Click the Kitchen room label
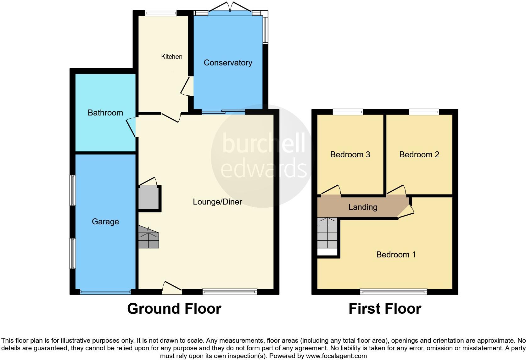pyautogui.click(x=171, y=57)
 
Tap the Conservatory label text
pyautogui.click(x=228, y=63)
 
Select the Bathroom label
pyautogui.click(x=105, y=113)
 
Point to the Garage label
pyautogui.click(x=105, y=222)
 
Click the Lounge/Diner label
pyautogui.click(x=217, y=202)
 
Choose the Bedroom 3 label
pyautogui.click(x=350, y=155)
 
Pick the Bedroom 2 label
pyautogui.click(x=419, y=155)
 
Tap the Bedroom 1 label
pyautogui.click(x=396, y=255)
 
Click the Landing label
pyautogui.click(x=363, y=207)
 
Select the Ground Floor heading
pyautogui.click(x=174, y=309)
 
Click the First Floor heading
pyautogui.click(x=384, y=309)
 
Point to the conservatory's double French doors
pyautogui.click(x=230, y=7)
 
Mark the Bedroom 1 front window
pyautogui.click(x=393, y=292)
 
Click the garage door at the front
pyautogui.click(x=105, y=292)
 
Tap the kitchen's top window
pyautogui.click(x=160, y=13)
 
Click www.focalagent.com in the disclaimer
pyautogui.click(x=336, y=356)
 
